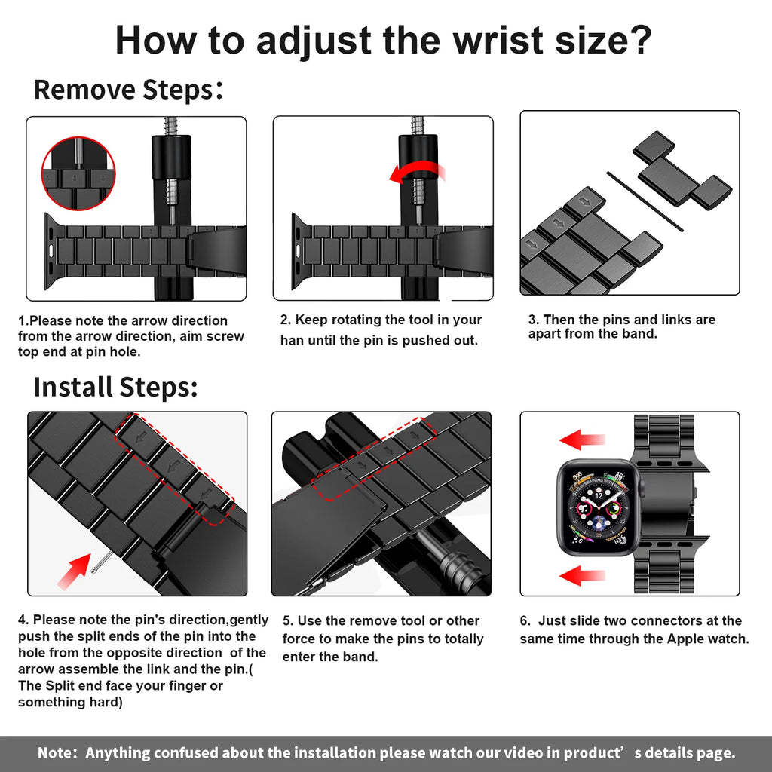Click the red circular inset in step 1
(78, 174)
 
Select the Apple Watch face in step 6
(596, 507)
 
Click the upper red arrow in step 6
(581, 440)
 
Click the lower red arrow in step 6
(581, 577)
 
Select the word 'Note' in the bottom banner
(56, 752)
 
